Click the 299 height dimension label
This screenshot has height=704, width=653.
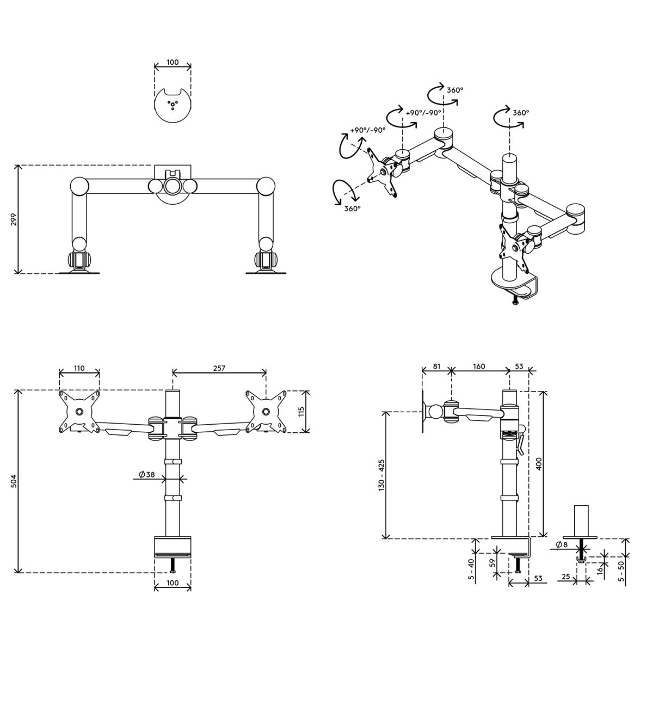(14, 219)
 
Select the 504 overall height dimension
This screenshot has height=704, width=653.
(14, 481)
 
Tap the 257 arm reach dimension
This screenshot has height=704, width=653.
(219, 368)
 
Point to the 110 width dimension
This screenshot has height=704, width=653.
(79, 368)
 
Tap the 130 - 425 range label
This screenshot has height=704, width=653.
(381, 474)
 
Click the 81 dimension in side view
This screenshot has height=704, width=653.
(436, 366)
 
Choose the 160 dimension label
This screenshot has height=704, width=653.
(479, 366)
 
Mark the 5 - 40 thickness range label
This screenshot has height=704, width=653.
(471, 568)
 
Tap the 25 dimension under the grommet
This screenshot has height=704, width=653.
(565, 576)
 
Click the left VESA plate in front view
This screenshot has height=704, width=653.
(79, 412)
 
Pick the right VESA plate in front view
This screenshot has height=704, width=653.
(266, 412)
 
